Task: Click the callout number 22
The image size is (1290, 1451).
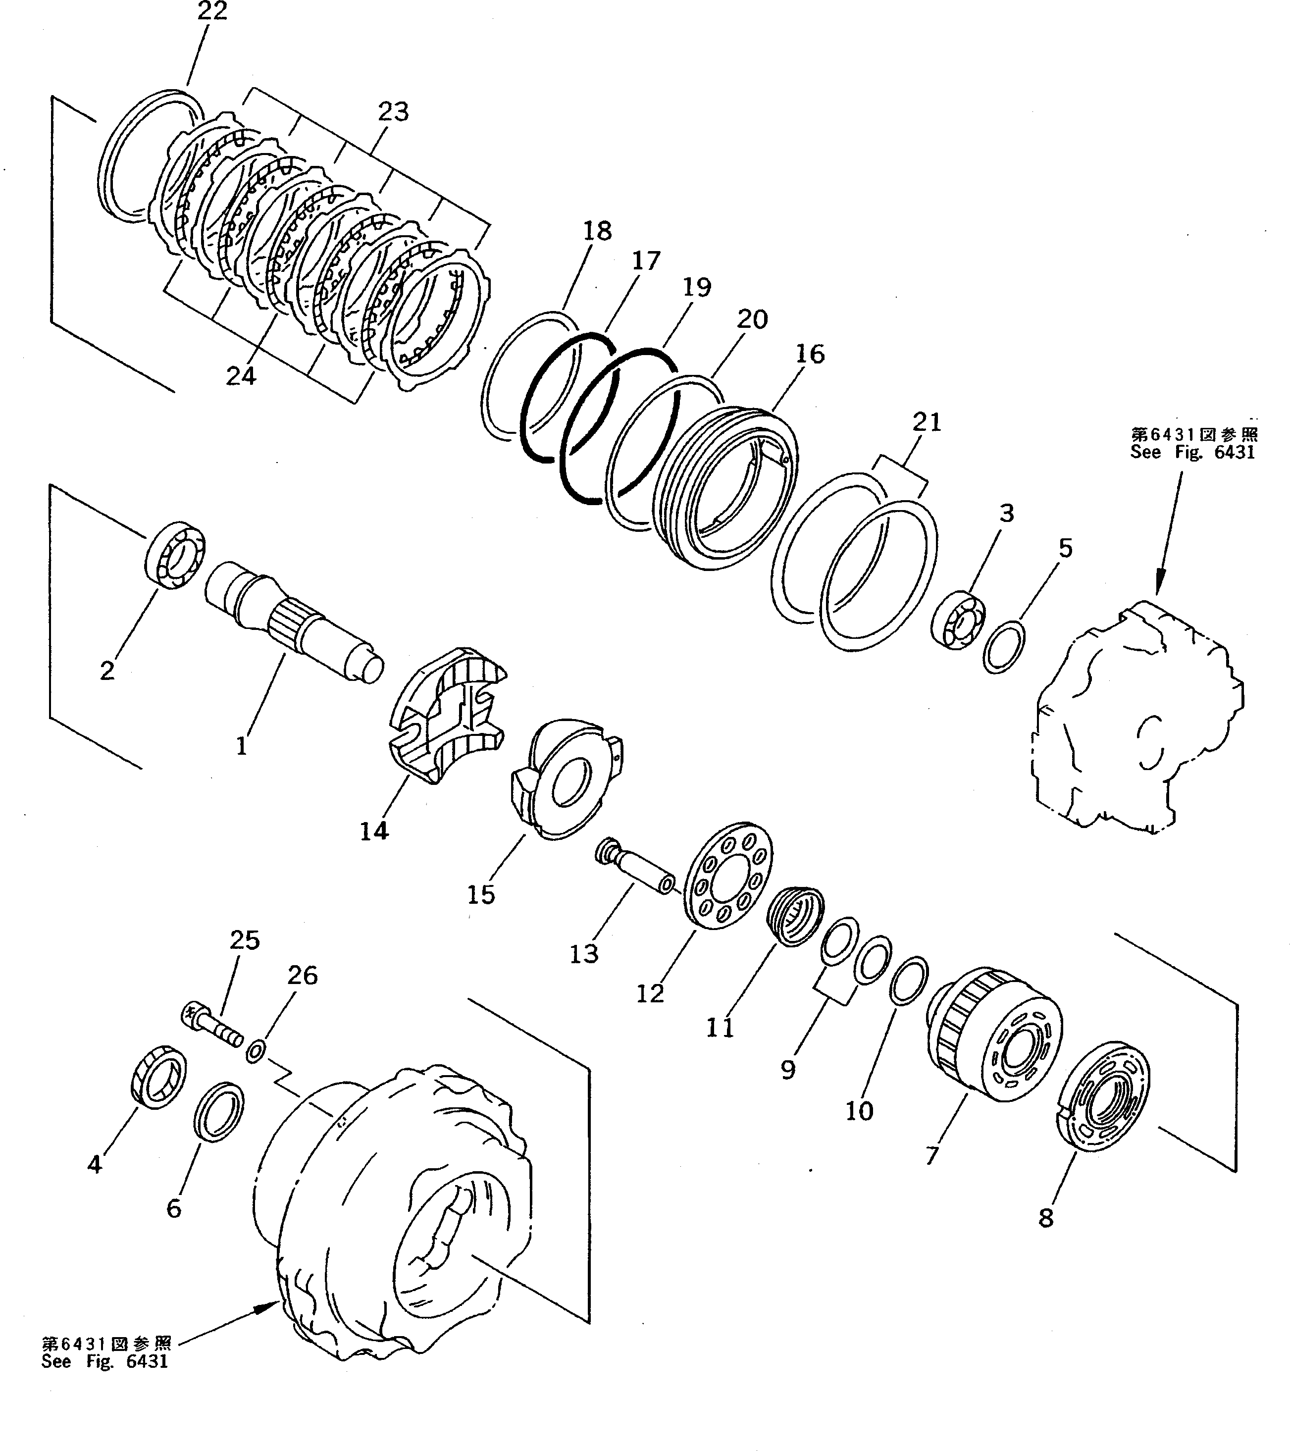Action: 212,11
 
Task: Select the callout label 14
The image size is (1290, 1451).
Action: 374,830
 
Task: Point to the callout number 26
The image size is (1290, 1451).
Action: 303,976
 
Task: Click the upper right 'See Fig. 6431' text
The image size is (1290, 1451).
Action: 1193,452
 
